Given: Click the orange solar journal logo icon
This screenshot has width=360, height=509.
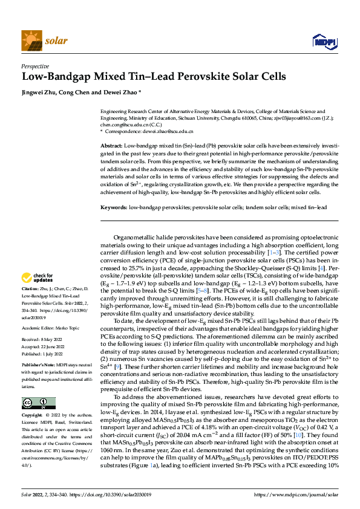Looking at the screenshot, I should pos(31,41).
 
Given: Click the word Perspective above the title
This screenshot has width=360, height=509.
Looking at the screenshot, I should pos(36,67).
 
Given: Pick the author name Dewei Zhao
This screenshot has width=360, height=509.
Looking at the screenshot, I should pos(123,92).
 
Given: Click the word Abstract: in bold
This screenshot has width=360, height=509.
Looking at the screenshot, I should pos(111,147).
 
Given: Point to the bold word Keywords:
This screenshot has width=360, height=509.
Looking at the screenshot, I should pos(114,207).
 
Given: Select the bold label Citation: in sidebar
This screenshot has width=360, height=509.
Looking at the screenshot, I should pos(30,290).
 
